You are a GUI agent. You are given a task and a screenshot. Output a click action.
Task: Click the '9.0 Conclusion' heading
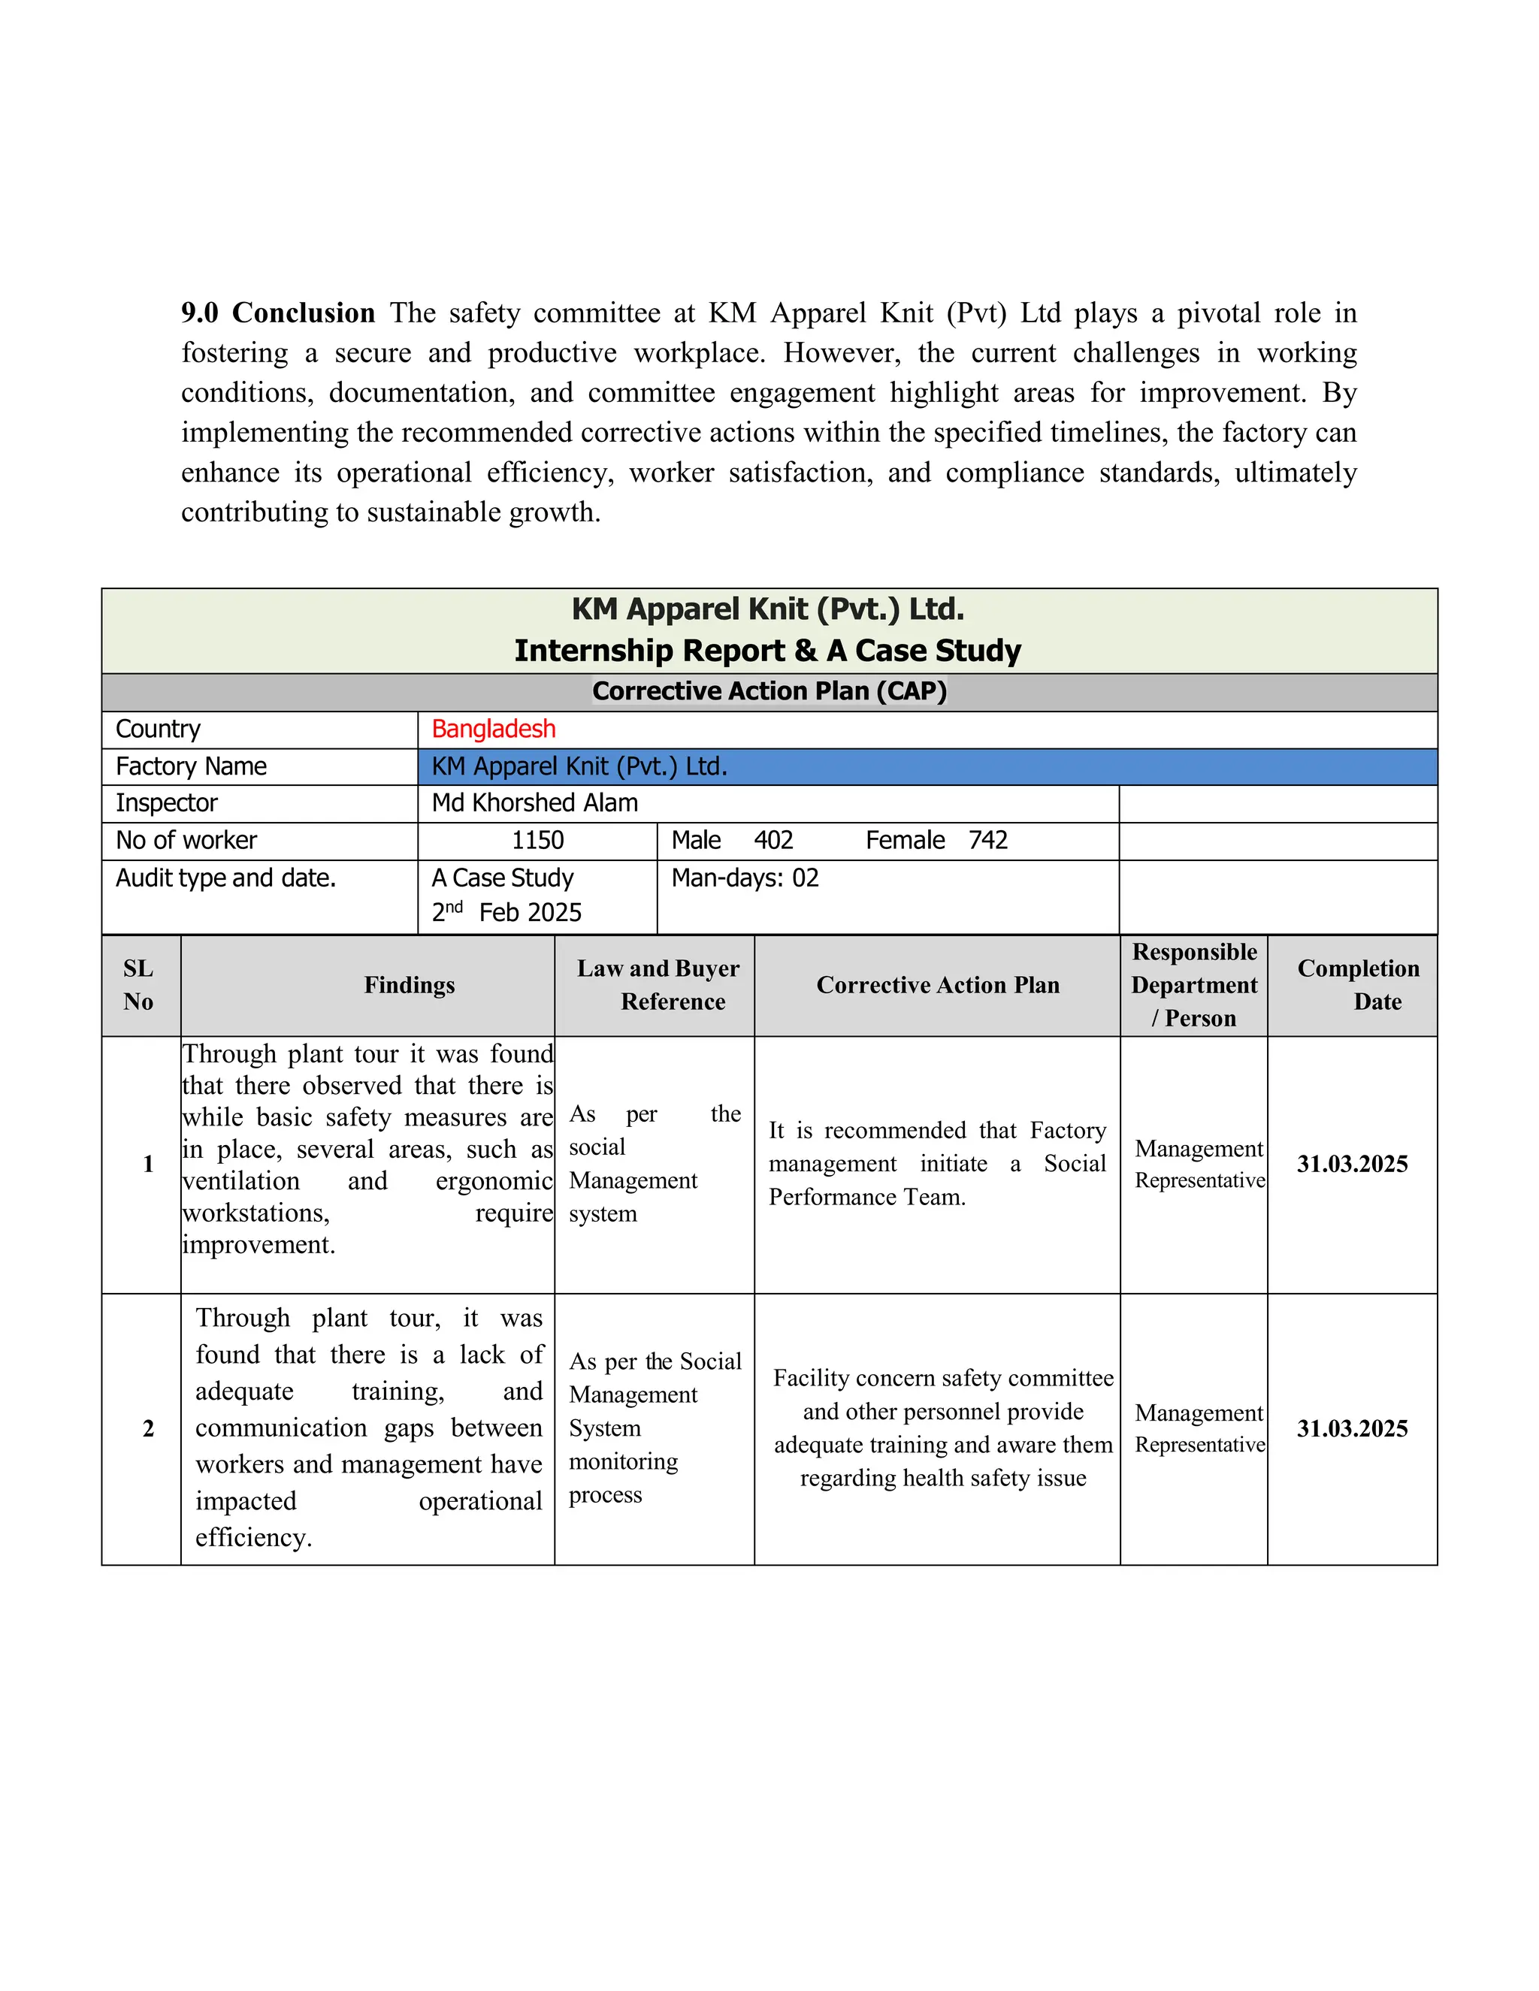click(x=277, y=313)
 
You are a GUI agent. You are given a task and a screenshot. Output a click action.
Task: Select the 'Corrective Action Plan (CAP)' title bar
click(x=769, y=691)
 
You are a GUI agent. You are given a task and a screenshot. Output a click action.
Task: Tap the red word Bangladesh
click(x=493, y=730)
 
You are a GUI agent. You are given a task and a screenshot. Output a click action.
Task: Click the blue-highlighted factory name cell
click(x=927, y=766)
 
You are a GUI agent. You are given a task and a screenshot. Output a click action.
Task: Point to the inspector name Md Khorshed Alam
click(x=534, y=803)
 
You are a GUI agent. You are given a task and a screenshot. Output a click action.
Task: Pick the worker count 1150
click(x=537, y=841)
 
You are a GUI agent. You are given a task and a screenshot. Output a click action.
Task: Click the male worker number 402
click(x=773, y=841)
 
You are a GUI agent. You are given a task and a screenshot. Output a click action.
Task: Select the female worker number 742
click(x=987, y=841)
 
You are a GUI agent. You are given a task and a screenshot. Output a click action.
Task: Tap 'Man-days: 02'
click(x=745, y=878)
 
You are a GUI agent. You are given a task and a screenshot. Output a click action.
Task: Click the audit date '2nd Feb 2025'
click(x=507, y=913)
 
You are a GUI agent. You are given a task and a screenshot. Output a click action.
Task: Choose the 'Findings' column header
click(x=410, y=986)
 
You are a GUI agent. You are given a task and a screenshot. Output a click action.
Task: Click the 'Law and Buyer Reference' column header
click(x=658, y=986)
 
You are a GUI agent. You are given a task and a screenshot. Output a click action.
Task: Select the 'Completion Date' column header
click(x=1358, y=986)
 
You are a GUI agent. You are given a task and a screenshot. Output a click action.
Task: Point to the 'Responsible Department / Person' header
click(x=1193, y=986)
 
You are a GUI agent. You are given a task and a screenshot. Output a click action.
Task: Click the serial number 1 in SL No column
click(x=148, y=1164)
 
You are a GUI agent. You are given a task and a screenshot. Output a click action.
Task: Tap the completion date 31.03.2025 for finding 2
click(x=1352, y=1428)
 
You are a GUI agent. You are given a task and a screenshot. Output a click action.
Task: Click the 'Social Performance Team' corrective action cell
click(x=936, y=1164)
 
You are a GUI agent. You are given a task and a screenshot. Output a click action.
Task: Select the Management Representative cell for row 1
click(x=1199, y=1164)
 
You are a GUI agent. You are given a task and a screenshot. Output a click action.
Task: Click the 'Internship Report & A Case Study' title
click(x=768, y=651)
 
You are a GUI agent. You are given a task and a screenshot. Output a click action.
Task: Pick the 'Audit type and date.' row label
click(x=226, y=878)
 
